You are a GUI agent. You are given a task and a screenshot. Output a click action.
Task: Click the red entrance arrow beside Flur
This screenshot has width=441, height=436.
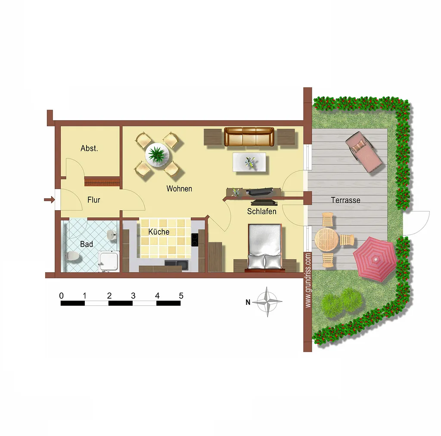[49, 200]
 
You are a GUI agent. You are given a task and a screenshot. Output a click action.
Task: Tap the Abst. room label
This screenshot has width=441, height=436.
[90, 148]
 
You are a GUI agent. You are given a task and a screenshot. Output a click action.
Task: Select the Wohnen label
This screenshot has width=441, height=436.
[179, 189]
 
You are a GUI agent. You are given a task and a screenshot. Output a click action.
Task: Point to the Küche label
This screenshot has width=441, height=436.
[159, 232]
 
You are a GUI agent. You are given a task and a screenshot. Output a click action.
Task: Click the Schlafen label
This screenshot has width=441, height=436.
[261, 212]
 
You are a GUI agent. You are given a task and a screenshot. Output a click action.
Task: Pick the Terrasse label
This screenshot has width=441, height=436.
[346, 200]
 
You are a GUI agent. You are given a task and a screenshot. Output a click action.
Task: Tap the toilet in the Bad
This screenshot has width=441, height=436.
[72, 256]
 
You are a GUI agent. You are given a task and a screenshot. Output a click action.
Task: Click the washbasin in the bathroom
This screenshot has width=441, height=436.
[112, 235]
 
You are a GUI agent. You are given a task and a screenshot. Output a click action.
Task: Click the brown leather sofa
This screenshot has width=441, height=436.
[249, 137]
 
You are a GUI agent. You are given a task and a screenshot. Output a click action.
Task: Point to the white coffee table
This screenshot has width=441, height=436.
[249, 162]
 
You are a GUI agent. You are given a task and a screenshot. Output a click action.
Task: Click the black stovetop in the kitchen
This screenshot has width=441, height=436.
[194, 240]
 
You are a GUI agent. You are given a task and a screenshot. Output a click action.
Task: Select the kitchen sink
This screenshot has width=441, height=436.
[176, 264]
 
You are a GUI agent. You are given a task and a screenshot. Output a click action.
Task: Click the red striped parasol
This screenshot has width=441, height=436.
[375, 259]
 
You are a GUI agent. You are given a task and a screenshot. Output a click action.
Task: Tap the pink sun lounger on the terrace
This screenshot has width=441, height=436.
[363, 152]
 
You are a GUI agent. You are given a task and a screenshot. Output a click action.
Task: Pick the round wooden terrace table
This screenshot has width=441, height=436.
[326, 239]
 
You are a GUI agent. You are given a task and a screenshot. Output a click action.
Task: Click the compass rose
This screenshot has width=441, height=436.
[267, 302]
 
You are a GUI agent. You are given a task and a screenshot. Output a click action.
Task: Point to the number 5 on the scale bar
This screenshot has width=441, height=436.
[181, 296]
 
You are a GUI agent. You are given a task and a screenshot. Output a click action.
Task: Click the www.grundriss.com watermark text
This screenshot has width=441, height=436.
[308, 280]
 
